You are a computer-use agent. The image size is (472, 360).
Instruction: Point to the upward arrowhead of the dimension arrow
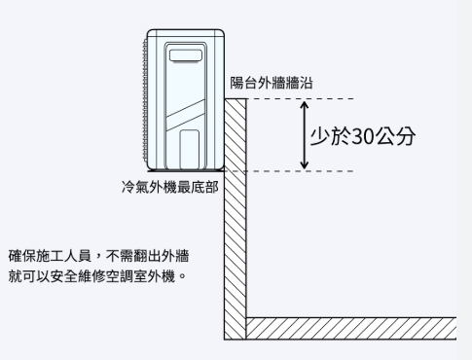click(x=305, y=102)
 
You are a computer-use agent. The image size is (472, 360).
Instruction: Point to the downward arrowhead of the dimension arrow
click(x=305, y=165)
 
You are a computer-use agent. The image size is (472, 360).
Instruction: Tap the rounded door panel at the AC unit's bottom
click(x=190, y=148)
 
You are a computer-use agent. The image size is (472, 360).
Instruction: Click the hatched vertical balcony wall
click(x=234, y=224)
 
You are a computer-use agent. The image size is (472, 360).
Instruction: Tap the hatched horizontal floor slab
click(x=350, y=328)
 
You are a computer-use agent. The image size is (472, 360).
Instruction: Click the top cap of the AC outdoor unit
click(x=184, y=32)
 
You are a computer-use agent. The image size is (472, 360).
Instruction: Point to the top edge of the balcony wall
click(x=236, y=98)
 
